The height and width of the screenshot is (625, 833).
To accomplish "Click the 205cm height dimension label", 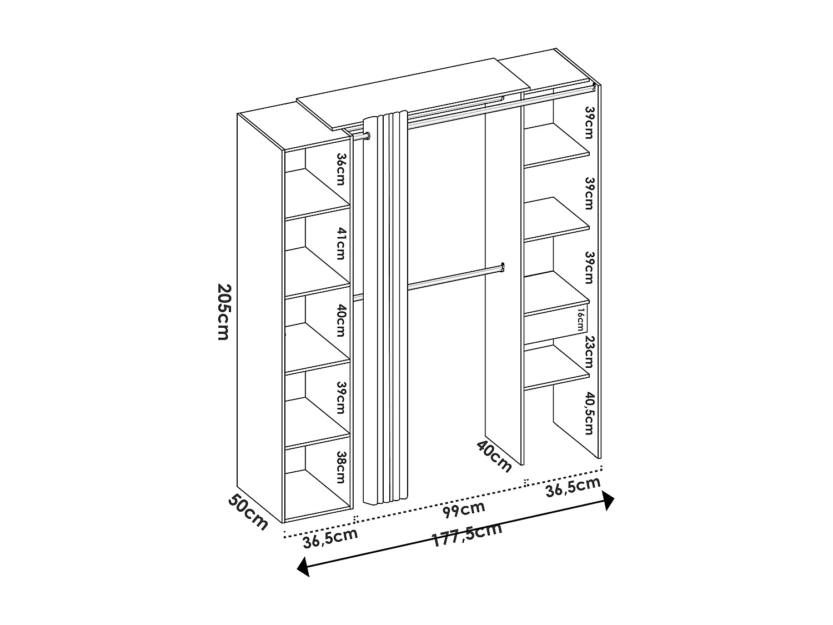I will tap(223, 312).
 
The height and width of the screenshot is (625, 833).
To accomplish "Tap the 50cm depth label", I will tap(248, 512).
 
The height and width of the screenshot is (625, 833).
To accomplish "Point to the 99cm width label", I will tap(465, 508).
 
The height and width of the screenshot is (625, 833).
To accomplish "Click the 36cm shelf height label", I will tap(340, 169).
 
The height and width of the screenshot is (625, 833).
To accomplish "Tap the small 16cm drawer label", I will tap(580, 321).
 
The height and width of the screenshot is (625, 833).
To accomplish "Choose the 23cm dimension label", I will tap(589, 352).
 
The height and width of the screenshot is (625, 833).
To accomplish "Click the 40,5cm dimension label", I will tap(589, 413).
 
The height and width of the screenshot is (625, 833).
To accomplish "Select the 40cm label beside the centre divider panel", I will tap(493, 456).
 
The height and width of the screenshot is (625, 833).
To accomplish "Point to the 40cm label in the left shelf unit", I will tap(340, 321).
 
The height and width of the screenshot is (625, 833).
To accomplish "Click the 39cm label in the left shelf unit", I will tap(340, 398).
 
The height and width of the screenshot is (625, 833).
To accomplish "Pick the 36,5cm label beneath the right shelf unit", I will tap(573, 487).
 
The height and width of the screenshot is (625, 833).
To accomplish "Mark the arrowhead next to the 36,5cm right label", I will tap(608, 500).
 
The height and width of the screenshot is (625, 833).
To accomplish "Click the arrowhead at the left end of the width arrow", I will tap(303, 567).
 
